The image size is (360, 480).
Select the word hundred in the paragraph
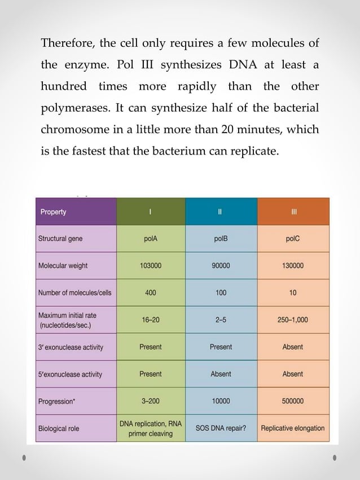[64, 86]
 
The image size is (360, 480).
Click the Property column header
[53, 212]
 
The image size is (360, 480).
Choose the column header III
[293, 212]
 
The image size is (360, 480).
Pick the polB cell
[221, 239]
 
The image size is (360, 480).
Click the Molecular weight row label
[63, 266]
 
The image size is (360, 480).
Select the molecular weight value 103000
[150, 266]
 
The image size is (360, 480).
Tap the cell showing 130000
[293, 266]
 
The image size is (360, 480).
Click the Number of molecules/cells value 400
[150, 293]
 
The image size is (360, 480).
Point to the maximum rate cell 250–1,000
[293, 320]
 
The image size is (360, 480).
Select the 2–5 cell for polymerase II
[221, 320]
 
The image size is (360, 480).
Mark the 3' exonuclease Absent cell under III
[293, 347]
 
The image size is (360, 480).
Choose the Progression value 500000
[293, 401]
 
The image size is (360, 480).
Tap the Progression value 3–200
[150, 401]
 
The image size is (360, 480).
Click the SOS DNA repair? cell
[221, 428]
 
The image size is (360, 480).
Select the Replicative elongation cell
[293, 428]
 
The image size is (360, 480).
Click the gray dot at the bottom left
[24, 457]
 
